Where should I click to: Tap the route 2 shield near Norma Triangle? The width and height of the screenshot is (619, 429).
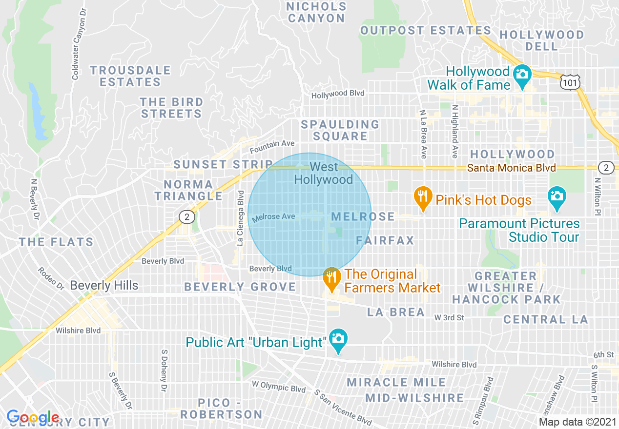(x=186, y=217)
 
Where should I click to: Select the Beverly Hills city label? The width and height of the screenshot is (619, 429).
(x=104, y=286)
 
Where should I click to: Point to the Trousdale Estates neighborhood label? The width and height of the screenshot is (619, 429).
(x=130, y=76)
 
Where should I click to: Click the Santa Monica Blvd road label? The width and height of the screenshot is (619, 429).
(x=511, y=168)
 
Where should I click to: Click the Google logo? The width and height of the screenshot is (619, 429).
(x=33, y=417)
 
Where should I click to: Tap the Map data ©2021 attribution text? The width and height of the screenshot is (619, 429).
(x=577, y=422)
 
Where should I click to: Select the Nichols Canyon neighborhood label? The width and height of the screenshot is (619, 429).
(x=316, y=13)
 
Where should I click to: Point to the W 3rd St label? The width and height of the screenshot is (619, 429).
(x=449, y=318)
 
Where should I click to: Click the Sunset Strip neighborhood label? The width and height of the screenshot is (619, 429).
(x=223, y=165)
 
